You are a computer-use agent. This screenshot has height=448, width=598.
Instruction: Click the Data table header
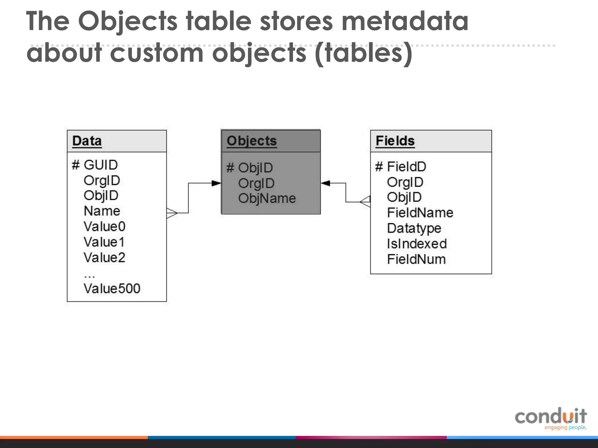tap(87, 141)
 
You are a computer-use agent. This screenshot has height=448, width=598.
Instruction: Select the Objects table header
tap(252, 141)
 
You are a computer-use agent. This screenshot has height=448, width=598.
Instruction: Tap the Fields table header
tap(395, 141)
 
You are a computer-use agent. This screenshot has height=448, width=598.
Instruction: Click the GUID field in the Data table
tap(100, 165)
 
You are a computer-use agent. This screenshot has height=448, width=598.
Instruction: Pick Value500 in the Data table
tap(112, 289)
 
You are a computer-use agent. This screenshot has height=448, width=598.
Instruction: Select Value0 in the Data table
tap(105, 227)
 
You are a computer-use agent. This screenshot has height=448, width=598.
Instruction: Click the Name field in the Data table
tap(102, 211)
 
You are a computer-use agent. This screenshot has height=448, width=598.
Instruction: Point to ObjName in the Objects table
tap(267, 199)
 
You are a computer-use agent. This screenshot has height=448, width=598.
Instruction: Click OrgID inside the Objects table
tap(256, 183)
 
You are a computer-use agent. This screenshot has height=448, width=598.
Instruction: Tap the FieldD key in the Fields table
tap(406, 167)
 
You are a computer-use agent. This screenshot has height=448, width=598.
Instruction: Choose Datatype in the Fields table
tap(414, 228)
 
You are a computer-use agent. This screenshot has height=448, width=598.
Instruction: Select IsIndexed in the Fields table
tap(417, 244)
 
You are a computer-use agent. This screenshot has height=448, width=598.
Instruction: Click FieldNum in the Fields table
tap(416, 259)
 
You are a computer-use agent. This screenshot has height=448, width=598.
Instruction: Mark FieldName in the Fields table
tap(420, 213)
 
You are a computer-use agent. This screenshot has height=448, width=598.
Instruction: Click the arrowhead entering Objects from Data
tap(216, 183)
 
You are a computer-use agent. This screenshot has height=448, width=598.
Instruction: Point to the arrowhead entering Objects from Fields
tap(326, 183)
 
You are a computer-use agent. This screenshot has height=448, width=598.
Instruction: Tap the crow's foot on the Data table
tap(172, 213)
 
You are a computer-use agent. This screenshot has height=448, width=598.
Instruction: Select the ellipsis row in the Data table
tap(89, 275)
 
